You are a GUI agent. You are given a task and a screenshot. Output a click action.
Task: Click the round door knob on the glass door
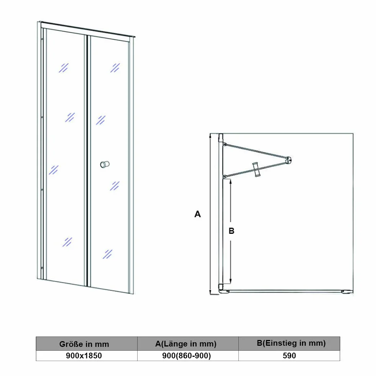click(x=105, y=164)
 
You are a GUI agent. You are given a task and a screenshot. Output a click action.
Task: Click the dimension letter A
click(x=197, y=214)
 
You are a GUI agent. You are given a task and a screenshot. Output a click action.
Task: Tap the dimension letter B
click(x=232, y=231)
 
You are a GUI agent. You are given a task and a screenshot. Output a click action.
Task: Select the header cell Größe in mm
click(x=84, y=344)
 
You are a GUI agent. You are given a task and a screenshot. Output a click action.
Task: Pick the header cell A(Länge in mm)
click(x=186, y=344)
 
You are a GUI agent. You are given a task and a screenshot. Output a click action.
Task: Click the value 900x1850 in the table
click(x=84, y=356)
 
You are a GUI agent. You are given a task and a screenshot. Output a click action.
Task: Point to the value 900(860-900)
click(x=187, y=356)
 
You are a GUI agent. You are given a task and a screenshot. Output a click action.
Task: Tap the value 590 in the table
click(x=289, y=356)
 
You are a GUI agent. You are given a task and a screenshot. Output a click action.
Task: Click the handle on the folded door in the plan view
click(x=257, y=169)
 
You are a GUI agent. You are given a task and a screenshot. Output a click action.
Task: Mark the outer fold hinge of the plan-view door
click(x=289, y=160)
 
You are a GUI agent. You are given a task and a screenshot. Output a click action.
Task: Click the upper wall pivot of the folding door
click(x=225, y=144)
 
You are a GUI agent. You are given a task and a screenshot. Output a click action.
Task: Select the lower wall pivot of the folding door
click(x=225, y=177)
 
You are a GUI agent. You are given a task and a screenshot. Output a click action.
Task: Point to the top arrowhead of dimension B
click(x=231, y=181)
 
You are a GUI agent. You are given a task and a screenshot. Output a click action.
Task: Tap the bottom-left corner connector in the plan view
click(x=221, y=287)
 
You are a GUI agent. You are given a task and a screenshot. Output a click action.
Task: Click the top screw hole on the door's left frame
click(x=42, y=39)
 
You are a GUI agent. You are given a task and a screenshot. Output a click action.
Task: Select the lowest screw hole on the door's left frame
click(x=42, y=268)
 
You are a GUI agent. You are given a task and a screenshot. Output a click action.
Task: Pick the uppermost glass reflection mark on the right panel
click(x=115, y=68)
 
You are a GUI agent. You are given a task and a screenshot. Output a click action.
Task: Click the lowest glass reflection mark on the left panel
click(x=67, y=242)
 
